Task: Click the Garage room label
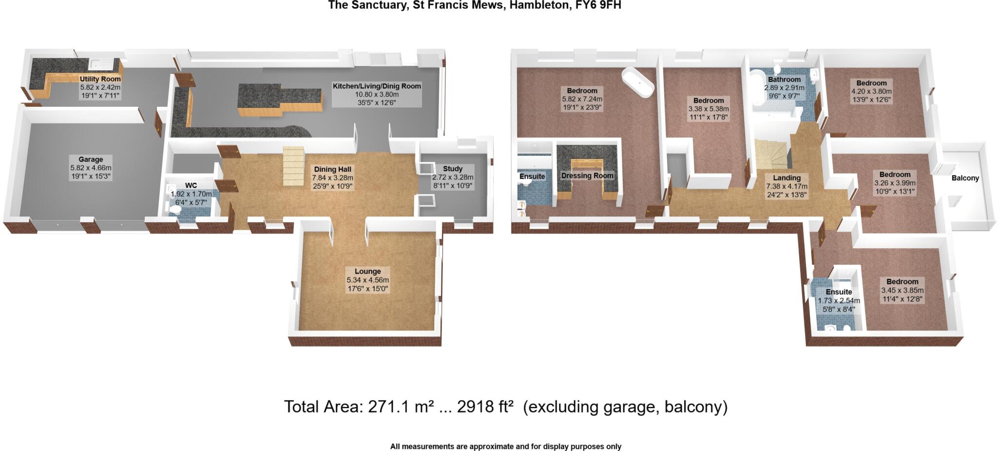91,159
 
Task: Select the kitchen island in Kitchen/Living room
280,100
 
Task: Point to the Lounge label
367,272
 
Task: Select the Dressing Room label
587,176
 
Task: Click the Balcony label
965,178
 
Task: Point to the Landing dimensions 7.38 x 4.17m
787,187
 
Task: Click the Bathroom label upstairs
784,79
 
